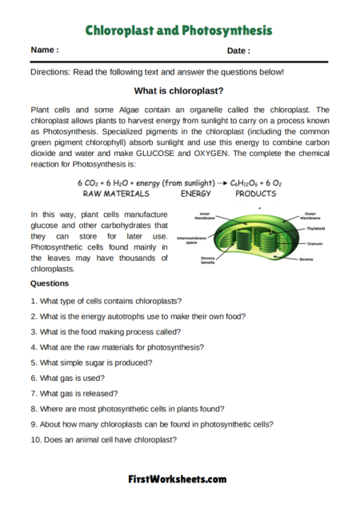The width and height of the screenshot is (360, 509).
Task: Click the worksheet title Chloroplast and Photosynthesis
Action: [179, 30]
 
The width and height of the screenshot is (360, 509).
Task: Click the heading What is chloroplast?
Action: [178, 91]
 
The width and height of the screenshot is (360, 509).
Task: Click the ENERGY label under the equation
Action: [195, 194]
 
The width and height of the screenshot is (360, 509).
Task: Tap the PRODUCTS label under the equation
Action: [256, 194]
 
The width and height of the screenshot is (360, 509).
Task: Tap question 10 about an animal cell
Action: [103, 439]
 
